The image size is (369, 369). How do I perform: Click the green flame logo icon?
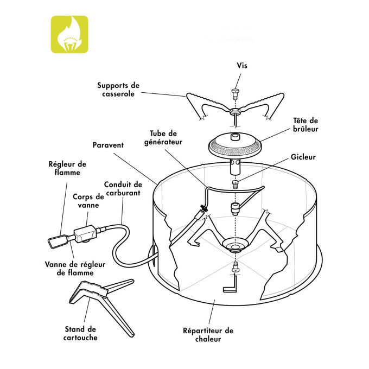pos(69,34)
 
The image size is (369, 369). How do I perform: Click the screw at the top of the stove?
pos(236,93)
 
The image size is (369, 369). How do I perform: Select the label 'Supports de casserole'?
pos(118,90)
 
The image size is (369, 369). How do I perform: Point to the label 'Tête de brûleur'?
pos(306,125)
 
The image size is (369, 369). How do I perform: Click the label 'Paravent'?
pos(108,145)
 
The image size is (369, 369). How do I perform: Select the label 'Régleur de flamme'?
pos(67,168)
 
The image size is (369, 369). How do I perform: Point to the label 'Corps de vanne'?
pos(88,201)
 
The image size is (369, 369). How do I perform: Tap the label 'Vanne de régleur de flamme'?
pos(75,269)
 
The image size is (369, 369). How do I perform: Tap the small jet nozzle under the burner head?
pos(235,183)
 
